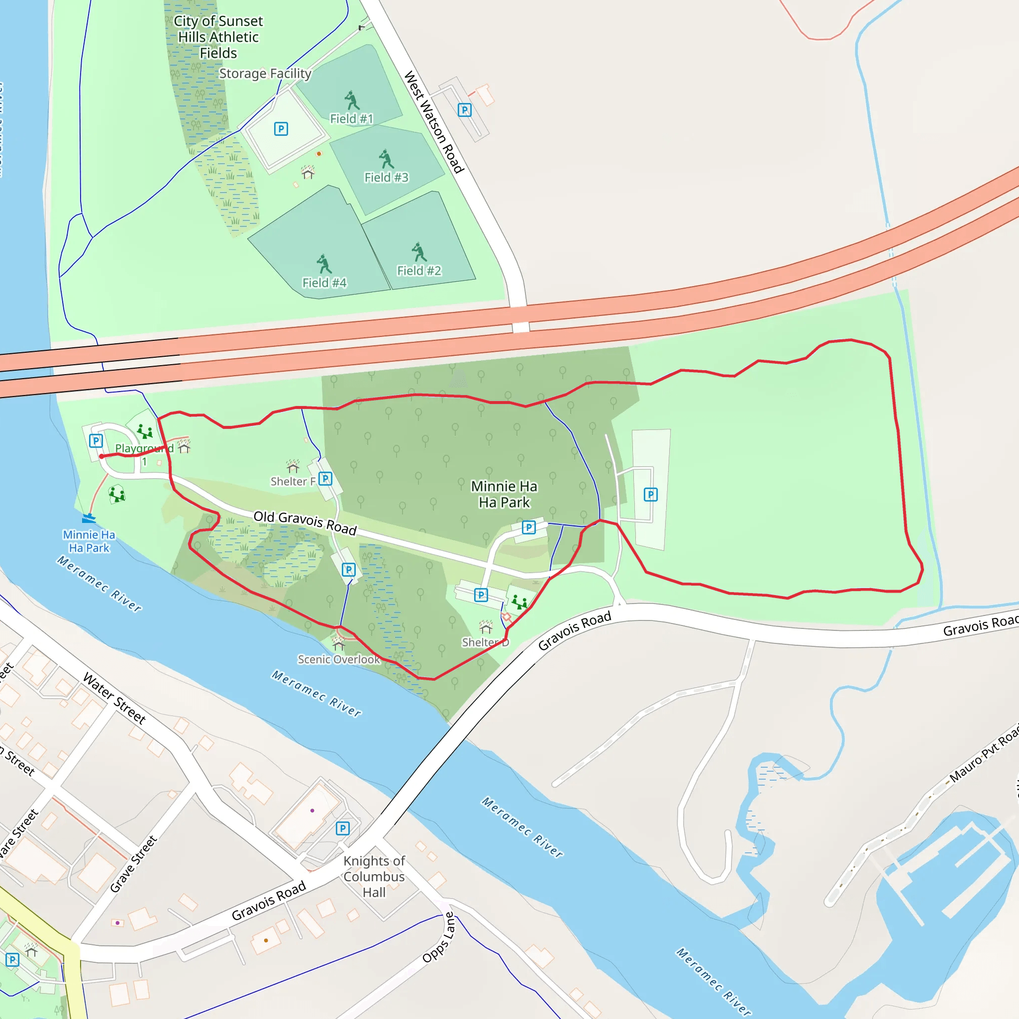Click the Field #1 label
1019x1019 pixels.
tap(351, 119)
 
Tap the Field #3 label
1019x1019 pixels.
tap(386, 177)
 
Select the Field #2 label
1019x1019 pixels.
tap(419, 271)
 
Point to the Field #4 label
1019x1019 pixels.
tap(324, 283)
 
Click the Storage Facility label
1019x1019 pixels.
tap(265, 73)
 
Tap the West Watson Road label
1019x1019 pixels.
tap(433, 122)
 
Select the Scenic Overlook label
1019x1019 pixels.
tap(339, 659)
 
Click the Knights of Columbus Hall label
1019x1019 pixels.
tap(374, 876)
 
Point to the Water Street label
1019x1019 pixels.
tap(114, 698)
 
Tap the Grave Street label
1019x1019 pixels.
tap(133, 863)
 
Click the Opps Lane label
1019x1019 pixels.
tap(438, 937)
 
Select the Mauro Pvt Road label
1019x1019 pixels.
tap(984, 754)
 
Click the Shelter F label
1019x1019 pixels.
tap(293, 481)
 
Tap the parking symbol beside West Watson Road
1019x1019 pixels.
tap(464, 109)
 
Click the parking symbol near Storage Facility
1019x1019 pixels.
tap(281, 129)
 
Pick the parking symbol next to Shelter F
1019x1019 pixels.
tap(325, 478)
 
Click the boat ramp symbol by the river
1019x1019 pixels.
tap(89, 518)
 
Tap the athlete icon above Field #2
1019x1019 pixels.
tap(419, 252)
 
